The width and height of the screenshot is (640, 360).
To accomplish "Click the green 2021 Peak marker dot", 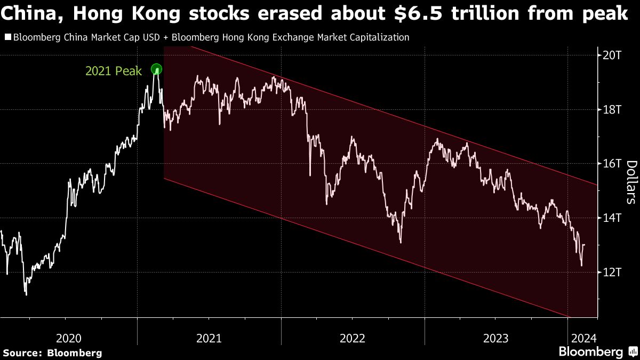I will pyautogui.click(x=156, y=69).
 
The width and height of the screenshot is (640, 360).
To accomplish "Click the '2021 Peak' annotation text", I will pyautogui.click(x=114, y=71).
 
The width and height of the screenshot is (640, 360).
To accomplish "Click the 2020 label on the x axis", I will pyautogui.click(x=69, y=338).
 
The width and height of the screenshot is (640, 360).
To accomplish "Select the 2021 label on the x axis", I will pyautogui.click(x=210, y=338).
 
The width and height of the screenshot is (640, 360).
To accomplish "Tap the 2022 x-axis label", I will pyautogui.click(x=353, y=338).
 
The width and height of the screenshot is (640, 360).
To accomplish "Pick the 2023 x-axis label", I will pyautogui.click(x=495, y=338).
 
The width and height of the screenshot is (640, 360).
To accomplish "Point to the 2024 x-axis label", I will pyautogui.click(x=584, y=338).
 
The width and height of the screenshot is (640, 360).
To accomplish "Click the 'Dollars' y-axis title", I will pyautogui.click(x=630, y=182).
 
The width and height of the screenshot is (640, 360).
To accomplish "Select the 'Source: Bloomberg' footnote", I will pyautogui.click(x=52, y=353).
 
